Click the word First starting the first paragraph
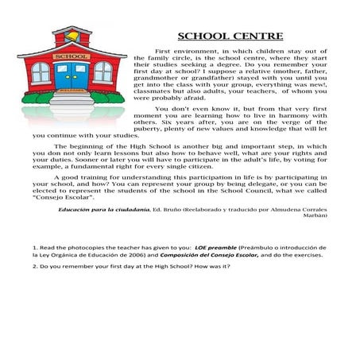click(x=165, y=50)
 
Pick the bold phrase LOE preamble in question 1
click(x=219, y=248)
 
